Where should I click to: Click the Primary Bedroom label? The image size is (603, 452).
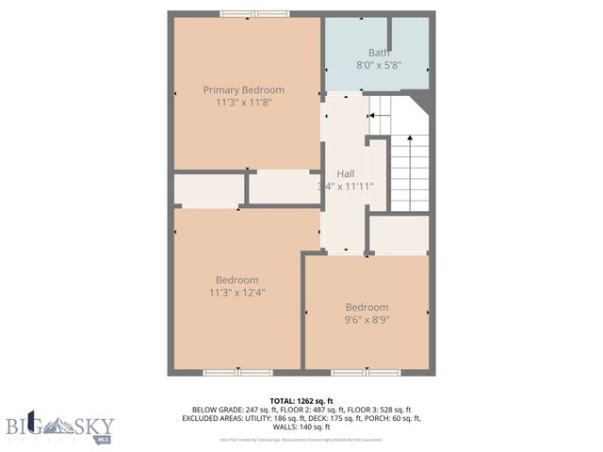click(244, 90)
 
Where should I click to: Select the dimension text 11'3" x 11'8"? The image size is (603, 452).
click(244, 104)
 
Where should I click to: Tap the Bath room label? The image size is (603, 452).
click(378, 53)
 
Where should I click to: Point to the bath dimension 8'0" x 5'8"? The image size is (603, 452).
click(378, 65)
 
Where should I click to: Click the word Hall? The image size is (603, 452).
click(346, 174)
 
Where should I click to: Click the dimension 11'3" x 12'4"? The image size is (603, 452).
click(236, 293)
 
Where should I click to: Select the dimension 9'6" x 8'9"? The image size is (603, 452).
click(367, 320)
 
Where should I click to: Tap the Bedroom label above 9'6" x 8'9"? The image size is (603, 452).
click(367, 307)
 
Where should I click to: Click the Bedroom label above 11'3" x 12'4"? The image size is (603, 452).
click(236, 280)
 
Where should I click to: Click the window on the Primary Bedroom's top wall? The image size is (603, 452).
click(254, 14)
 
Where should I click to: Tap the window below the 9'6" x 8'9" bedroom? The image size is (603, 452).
click(359, 373)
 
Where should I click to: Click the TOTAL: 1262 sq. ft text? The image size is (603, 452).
click(301, 400)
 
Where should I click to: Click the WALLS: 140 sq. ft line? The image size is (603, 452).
click(301, 427)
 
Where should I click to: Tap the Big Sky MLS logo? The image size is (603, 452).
click(59, 426)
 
